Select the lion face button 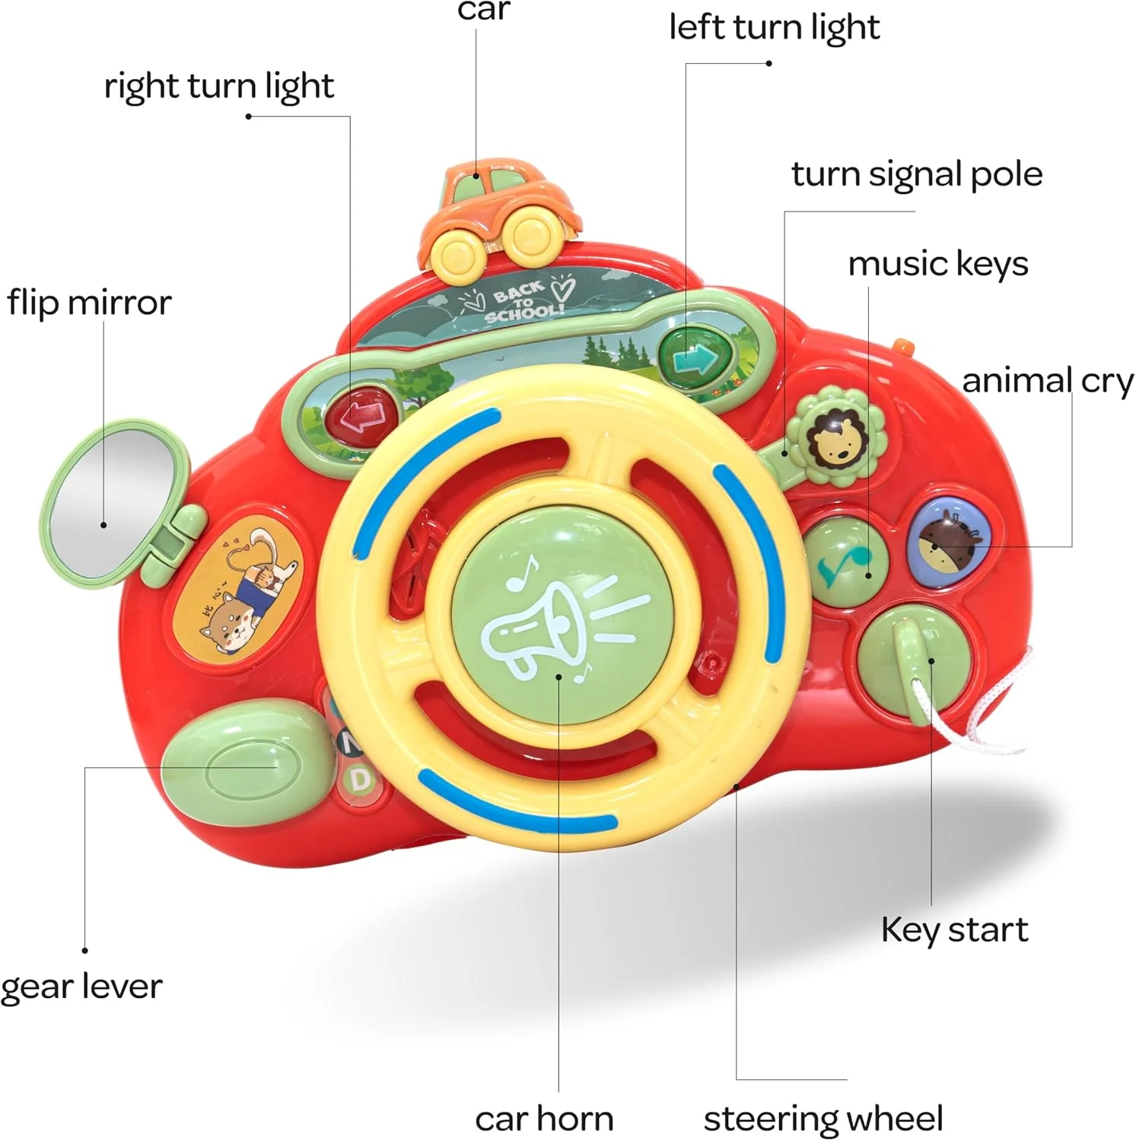pos(835,438)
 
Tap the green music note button pos(845,561)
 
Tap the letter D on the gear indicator pos(361,780)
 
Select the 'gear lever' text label pos(81,987)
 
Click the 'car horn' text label pos(544,1119)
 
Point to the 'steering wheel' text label pos(823,1119)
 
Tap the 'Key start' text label pos(954,930)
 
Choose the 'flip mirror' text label pos(89,303)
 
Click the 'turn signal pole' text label pos(916,174)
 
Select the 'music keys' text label pos(937,264)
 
